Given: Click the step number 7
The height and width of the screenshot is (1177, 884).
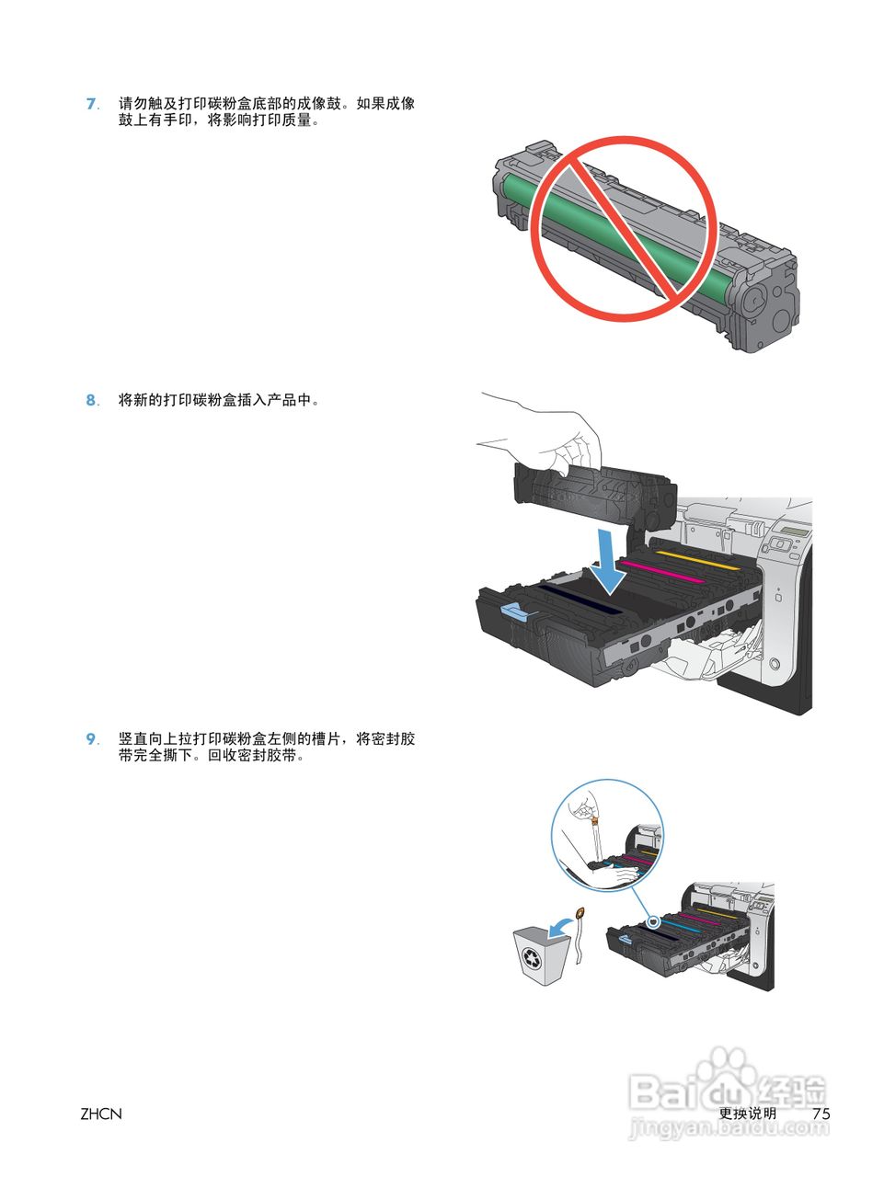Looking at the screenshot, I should (91, 104).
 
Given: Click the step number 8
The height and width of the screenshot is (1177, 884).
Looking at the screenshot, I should (91, 400).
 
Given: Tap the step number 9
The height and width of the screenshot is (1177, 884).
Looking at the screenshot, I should (91, 739).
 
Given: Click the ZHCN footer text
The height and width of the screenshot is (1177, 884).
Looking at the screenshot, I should (101, 1114).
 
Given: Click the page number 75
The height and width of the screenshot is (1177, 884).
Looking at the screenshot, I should (821, 1114).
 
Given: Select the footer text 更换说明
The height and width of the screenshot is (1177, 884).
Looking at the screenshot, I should (747, 1114).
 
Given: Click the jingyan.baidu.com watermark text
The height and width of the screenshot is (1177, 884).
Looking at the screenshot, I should (727, 1130).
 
